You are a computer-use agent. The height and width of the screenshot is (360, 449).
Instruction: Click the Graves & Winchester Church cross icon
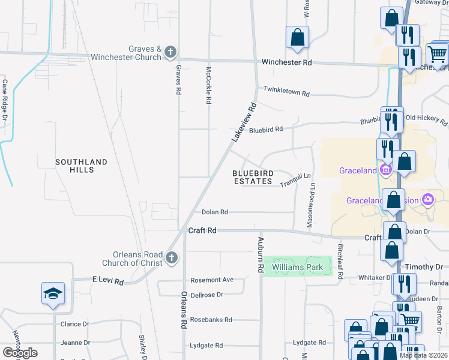[x=170, y=52]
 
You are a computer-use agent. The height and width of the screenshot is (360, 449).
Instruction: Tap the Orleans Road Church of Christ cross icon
[x=171, y=258]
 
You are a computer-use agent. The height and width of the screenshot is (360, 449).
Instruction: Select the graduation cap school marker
[x=53, y=294]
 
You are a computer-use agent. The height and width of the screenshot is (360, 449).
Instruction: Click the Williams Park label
[x=297, y=267]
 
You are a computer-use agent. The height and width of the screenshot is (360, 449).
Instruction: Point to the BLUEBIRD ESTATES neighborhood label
[x=253, y=177]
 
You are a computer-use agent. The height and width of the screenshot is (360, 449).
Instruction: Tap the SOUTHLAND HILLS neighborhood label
[x=81, y=166]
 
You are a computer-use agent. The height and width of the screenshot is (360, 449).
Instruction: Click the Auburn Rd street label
[x=261, y=255]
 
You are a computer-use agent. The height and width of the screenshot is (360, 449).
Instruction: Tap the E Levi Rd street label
[x=107, y=281]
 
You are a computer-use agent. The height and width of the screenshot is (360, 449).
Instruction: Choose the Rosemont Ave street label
[x=211, y=280]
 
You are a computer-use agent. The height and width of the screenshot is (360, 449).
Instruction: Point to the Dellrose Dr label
[x=206, y=295]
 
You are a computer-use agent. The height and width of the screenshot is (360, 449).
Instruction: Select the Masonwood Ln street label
[x=312, y=205]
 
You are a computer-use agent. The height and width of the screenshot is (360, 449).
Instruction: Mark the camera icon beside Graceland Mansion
[x=427, y=199]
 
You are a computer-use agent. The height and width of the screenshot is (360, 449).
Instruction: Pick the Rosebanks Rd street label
[x=211, y=320]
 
